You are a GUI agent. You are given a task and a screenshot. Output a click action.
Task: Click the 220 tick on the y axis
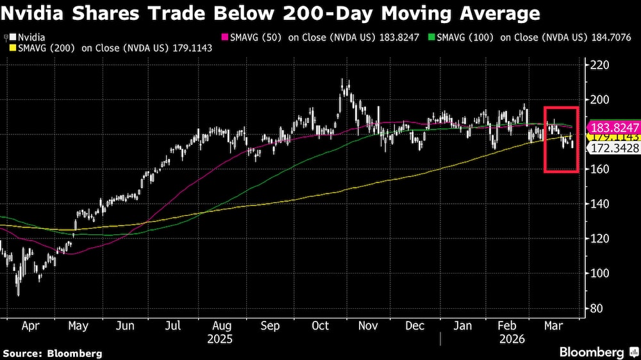click(600, 65)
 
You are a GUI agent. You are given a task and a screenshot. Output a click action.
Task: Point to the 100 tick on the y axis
click(600, 273)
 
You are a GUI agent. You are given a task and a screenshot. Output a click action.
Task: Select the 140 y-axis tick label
click(600, 204)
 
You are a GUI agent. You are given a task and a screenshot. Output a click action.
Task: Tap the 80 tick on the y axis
click(597, 308)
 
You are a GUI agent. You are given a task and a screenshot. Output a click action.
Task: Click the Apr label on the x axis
click(31, 326)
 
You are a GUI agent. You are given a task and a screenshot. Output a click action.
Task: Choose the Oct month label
click(320, 326)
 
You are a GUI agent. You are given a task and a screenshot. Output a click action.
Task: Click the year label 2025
click(220, 338)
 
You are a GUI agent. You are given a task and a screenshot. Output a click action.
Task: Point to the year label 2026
click(512, 338)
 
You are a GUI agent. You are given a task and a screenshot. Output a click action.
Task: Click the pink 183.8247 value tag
click(606, 127)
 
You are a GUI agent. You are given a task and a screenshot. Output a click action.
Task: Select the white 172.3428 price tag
click(606, 149)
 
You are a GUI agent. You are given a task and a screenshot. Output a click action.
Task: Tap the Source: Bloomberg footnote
click(53, 353)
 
